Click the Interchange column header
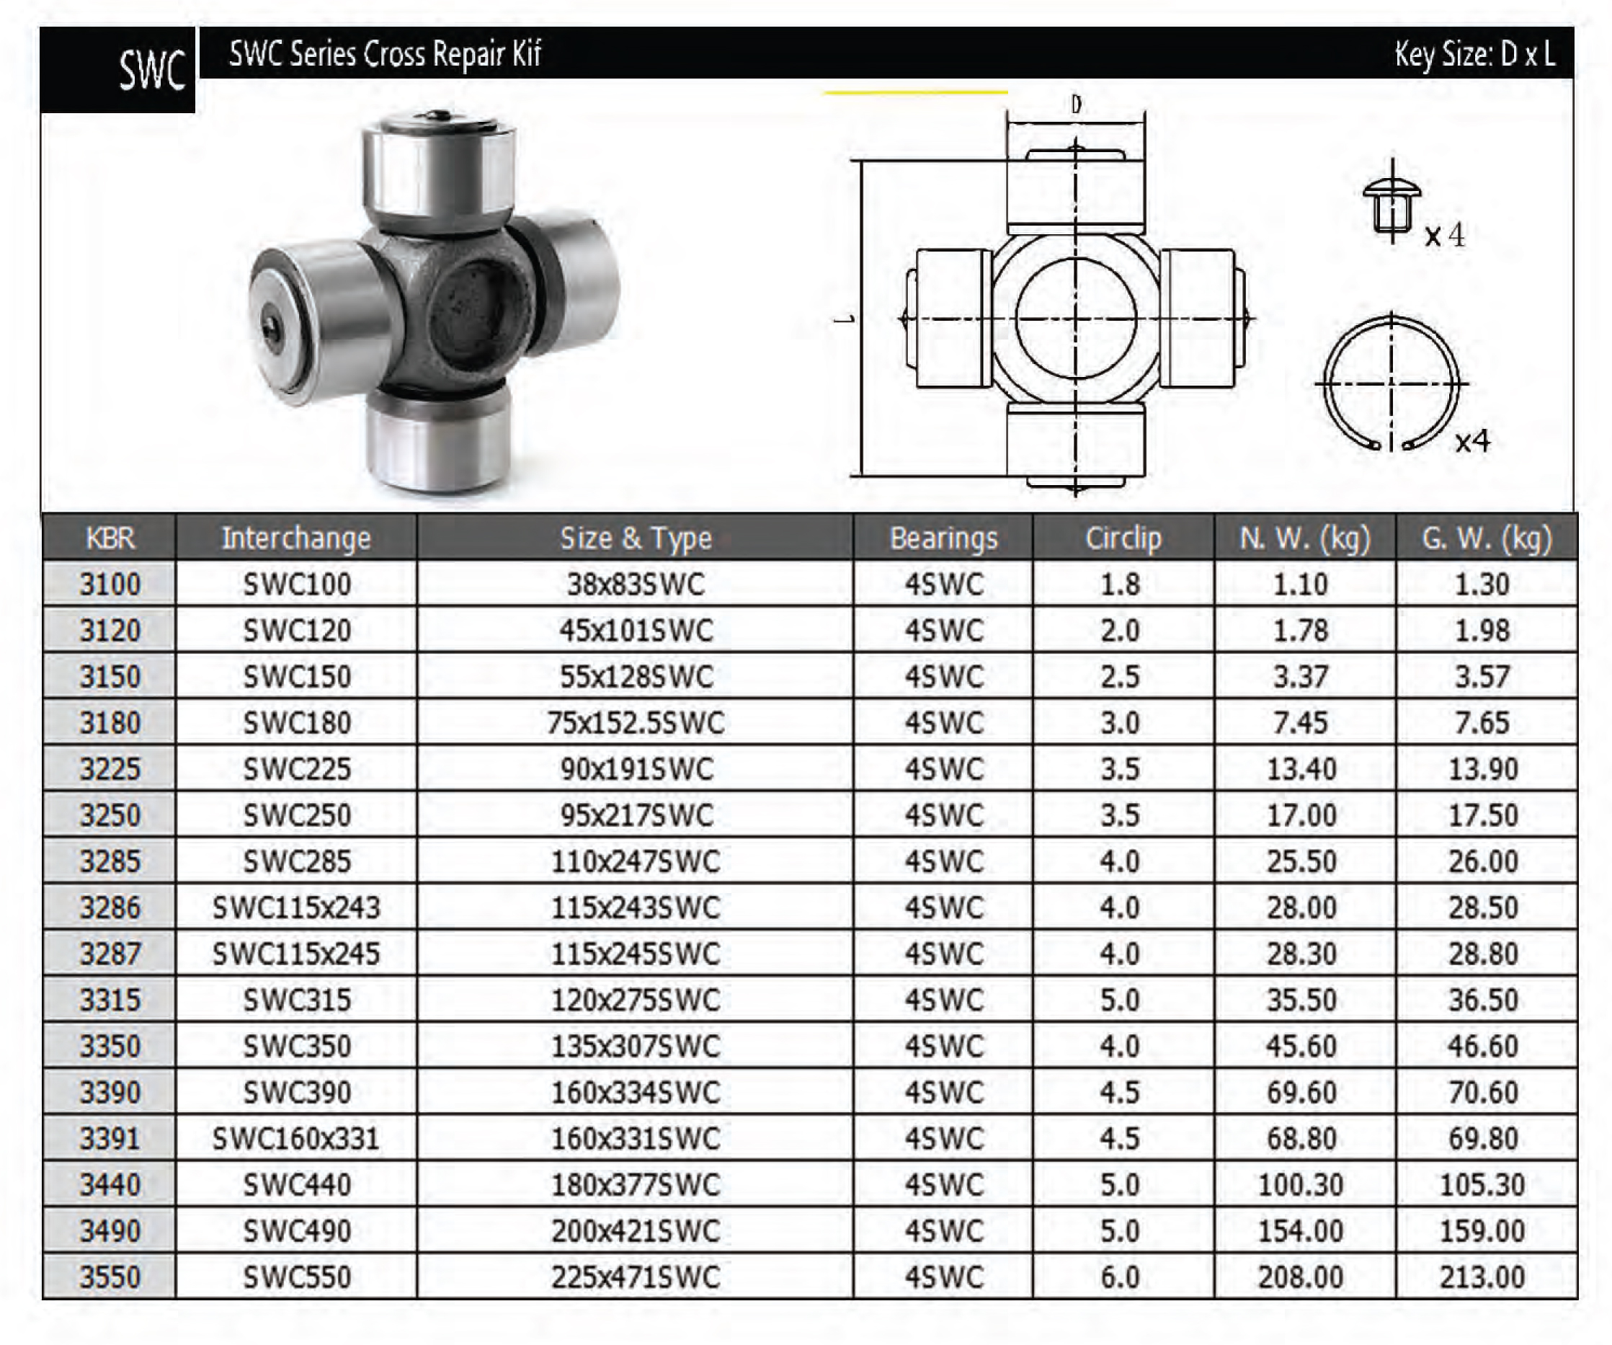click(x=296, y=538)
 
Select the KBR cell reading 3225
click(x=110, y=768)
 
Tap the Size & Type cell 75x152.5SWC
click(x=636, y=722)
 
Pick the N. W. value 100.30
click(x=1301, y=1184)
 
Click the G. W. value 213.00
click(x=1482, y=1277)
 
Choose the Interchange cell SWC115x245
click(x=296, y=954)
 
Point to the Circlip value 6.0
click(x=1120, y=1277)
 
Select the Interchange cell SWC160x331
click(x=296, y=1137)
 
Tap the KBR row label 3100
click(x=110, y=585)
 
